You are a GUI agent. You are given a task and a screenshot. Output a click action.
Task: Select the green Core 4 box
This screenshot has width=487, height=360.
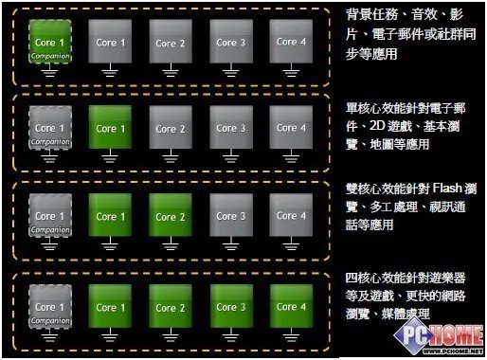tap(287, 306)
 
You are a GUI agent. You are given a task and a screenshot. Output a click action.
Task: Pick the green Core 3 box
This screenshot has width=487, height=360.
tap(226, 306)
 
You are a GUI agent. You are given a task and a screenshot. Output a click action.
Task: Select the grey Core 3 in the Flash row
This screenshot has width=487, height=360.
tap(226, 216)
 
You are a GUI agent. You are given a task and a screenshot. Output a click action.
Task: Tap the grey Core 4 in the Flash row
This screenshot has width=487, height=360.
tap(287, 216)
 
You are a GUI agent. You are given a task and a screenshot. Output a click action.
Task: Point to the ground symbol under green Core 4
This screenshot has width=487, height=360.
tap(287, 336)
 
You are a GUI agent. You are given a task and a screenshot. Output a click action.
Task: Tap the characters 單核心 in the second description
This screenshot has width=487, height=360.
tap(366, 106)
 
